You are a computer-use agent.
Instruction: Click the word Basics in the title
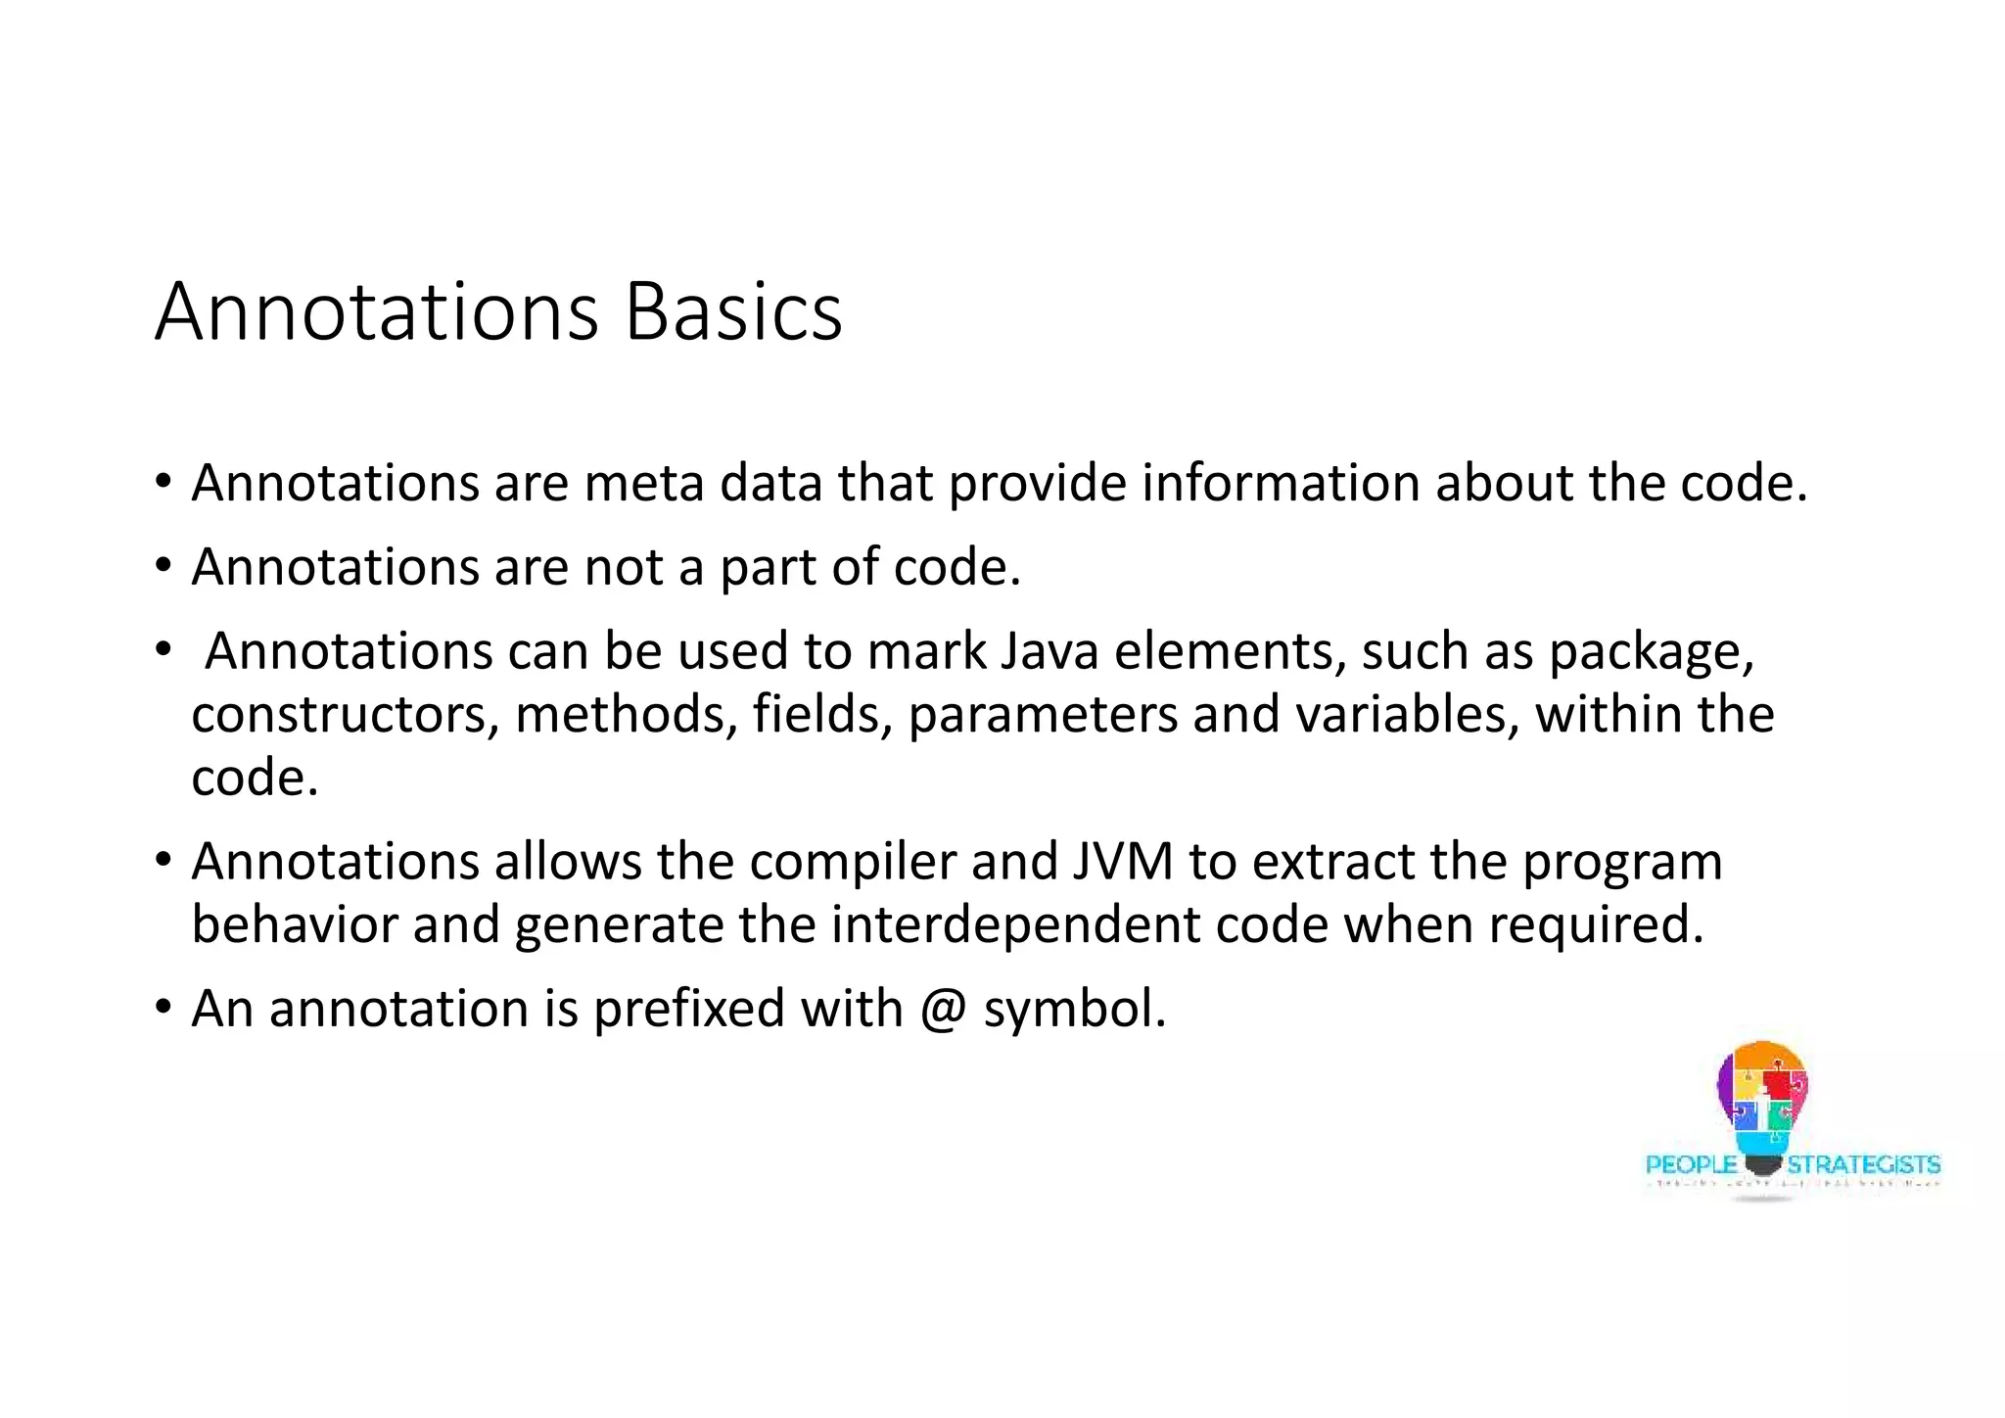click(732, 312)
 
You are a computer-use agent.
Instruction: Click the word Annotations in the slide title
click(377, 312)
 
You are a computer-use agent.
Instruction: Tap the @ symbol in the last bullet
click(944, 1010)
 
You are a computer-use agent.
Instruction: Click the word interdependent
click(1015, 925)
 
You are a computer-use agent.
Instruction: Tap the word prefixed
click(688, 1010)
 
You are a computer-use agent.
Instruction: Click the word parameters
click(1043, 715)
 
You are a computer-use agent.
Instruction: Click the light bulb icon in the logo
click(1762, 1102)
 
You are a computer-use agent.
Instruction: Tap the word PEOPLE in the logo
click(1691, 1165)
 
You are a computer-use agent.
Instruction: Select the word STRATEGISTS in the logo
click(1863, 1165)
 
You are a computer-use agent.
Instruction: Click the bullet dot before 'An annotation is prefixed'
click(163, 1007)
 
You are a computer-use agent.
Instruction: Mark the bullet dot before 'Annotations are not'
click(163, 566)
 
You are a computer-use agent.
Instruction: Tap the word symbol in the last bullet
click(1074, 1010)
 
